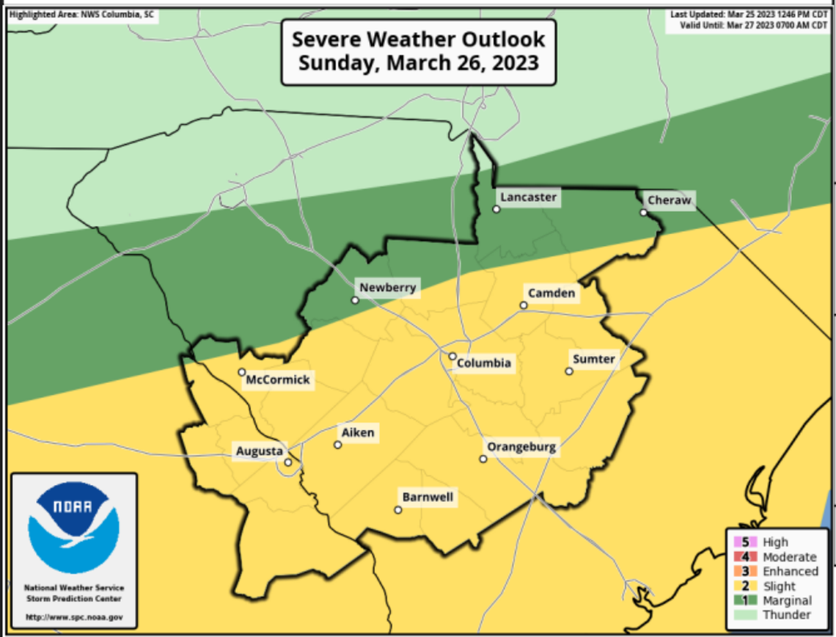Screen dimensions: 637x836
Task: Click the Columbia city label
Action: click(483, 363)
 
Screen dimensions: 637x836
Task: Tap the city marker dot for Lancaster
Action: click(496, 209)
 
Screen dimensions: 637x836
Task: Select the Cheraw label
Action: click(669, 200)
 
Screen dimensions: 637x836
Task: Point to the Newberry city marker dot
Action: click(355, 300)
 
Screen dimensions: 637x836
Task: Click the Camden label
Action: click(551, 294)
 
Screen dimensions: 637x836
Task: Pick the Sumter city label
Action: click(593, 359)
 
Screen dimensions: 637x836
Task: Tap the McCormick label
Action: click(278, 379)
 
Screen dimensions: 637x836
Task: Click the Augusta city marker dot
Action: click(288, 462)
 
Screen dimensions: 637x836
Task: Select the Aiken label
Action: click(358, 432)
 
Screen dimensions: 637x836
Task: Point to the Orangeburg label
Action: click(521, 447)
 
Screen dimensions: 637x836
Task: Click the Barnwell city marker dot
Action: click(398, 510)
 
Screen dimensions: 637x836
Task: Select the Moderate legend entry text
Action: click(789, 557)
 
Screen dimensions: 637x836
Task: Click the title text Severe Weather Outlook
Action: click(418, 39)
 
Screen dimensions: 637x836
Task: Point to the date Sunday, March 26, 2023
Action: click(418, 62)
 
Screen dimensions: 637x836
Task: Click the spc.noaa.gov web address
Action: click(74, 617)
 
